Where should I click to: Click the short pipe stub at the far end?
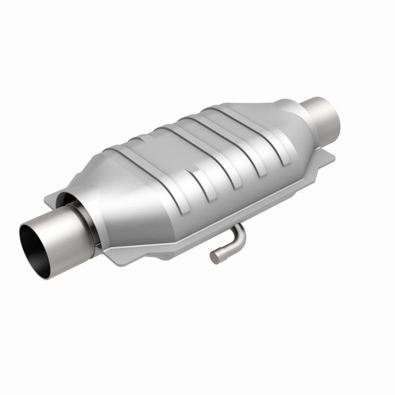point(326,118)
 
